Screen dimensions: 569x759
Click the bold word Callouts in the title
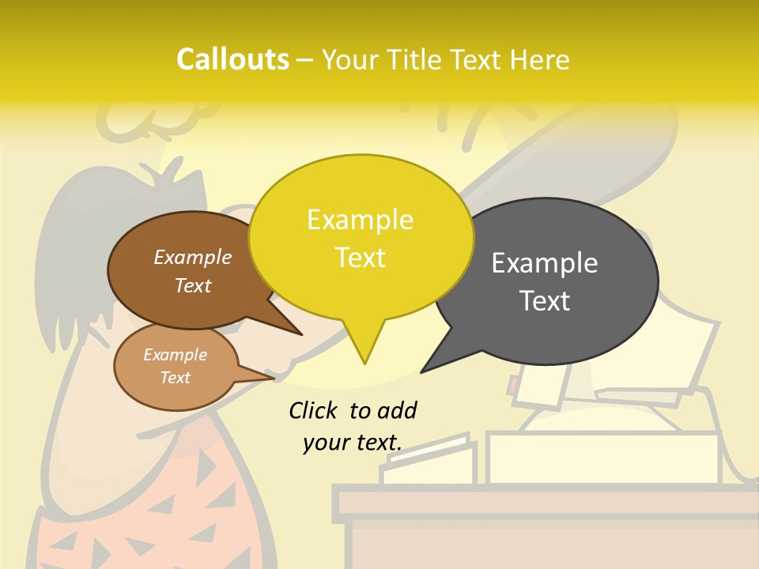(232, 59)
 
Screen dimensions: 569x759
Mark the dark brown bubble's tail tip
(301, 333)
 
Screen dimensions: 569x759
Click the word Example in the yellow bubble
(360, 220)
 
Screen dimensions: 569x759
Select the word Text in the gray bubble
(545, 301)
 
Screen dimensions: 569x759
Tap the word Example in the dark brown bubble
(193, 257)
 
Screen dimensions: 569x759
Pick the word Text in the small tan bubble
(176, 378)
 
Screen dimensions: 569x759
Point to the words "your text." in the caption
(352, 443)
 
